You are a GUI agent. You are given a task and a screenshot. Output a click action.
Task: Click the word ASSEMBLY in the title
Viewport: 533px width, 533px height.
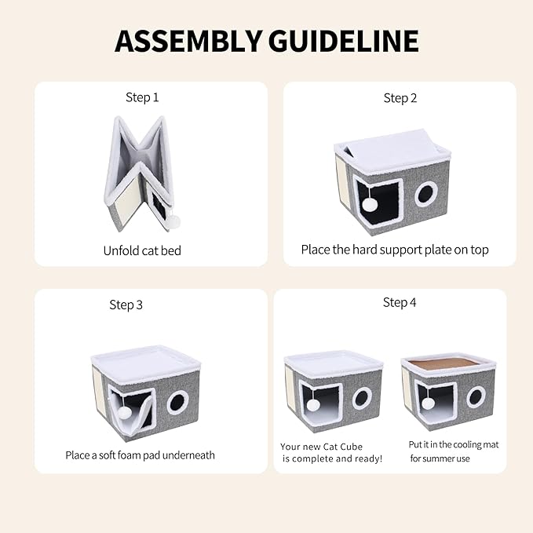(x=188, y=41)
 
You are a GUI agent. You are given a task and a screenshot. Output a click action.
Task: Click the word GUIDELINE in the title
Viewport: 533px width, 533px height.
(x=344, y=41)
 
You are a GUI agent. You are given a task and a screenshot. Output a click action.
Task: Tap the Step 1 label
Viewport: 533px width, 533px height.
(x=142, y=97)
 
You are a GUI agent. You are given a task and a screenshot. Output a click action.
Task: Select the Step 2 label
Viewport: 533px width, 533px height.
(x=400, y=98)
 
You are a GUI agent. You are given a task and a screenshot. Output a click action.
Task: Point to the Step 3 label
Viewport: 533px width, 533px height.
(x=126, y=305)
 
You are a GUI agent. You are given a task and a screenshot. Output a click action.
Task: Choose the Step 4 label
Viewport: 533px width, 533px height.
(x=400, y=302)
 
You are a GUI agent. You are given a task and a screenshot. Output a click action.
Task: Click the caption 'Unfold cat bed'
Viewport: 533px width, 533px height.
(x=142, y=251)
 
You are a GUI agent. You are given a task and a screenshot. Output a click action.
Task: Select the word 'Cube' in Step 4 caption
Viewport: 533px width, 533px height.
(x=352, y=447)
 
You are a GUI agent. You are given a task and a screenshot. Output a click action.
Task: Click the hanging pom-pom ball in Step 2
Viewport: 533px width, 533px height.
(x=370, y=204)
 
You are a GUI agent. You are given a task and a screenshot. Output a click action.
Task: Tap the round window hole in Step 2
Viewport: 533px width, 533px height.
(x=425, y=194)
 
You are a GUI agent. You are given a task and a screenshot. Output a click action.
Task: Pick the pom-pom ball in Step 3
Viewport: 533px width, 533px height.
(x=124, y=414)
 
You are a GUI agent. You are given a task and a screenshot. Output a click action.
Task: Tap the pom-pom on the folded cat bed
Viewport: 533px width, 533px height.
(x=176, y=222)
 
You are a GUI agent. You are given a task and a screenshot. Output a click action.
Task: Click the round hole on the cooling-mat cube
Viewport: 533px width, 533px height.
(x=476, y=396)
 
